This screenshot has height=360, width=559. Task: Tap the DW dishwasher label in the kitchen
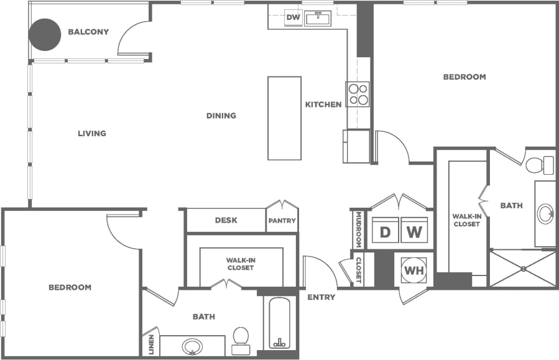tap(293, 17)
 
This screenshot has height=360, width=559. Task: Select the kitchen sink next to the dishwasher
tap(318, 17)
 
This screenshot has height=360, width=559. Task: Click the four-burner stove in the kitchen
tap(358, 94)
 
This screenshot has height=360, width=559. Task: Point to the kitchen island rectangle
tap(284, 118)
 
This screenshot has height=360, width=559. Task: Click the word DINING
tap(221, 116)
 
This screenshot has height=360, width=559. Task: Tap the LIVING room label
tap(92, 133)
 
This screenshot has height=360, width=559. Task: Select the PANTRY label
tap(282, 221)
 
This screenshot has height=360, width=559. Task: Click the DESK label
tap(226, 220)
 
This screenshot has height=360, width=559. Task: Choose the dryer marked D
tap(385, 232)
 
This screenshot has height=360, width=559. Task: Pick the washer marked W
tap(415, 232)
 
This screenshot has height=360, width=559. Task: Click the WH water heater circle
tap(413, 270)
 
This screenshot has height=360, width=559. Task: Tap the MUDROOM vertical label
tap(359, 229)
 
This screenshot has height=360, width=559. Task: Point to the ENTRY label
tap(321, 297)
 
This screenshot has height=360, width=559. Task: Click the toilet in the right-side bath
tap(539, 165)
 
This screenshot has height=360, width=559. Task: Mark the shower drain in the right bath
tap(524, 269)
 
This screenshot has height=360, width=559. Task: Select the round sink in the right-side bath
tap(546, 213)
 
